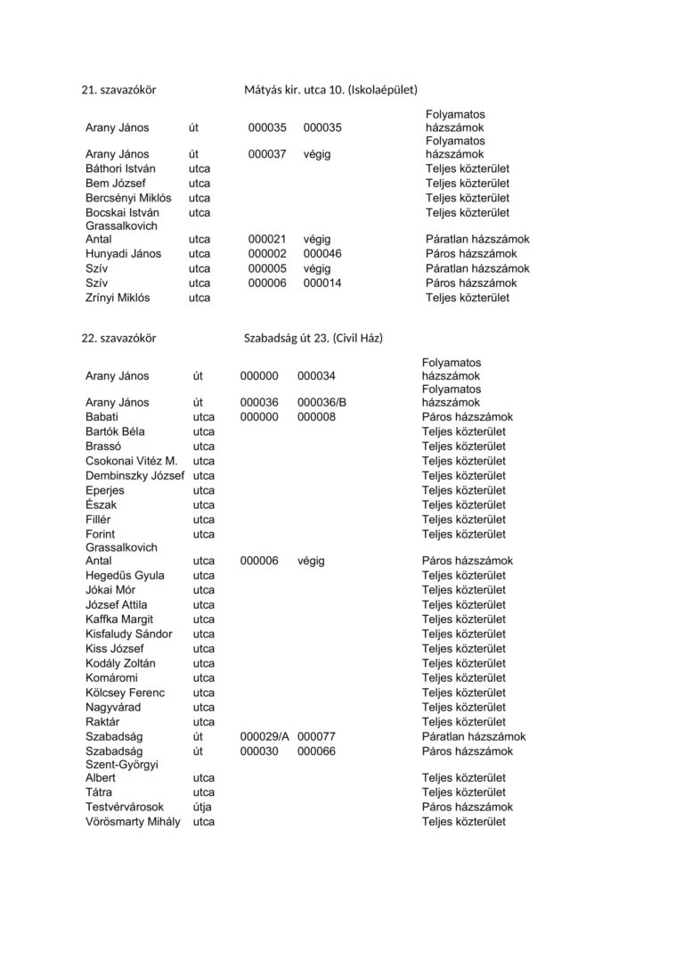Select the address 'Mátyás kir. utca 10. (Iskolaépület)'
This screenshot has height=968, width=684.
pos(330,90)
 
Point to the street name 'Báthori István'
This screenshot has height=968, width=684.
pos(120,168)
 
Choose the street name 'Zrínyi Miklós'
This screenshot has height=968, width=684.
pos(118,298)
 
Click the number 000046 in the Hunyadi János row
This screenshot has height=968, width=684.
pos(322,254)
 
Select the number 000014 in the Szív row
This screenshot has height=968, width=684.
pos(322,283)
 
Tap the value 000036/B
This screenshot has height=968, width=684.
pos(322,403)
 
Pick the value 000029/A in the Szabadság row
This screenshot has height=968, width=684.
pos(265,737)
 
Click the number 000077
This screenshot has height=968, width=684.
pos(316,737)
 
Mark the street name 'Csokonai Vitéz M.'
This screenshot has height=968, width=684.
pos(131,462)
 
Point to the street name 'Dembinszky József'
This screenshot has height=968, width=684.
pos(134,476)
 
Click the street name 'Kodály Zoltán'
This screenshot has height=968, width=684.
pos(120,664)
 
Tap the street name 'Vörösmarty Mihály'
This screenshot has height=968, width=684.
pos(133,822)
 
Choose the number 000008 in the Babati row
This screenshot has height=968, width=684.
pos(316,417)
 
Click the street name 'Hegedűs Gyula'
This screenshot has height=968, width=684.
pos(125,576)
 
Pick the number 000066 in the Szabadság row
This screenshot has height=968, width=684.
pos(316,751)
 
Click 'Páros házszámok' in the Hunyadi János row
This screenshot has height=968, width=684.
pos(471,254)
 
